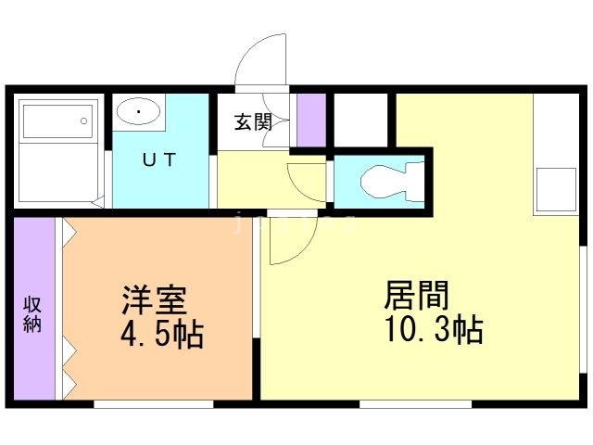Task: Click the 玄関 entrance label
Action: (253, 122)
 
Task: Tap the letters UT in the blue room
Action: (159, 159)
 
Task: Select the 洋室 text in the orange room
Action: (155, 300)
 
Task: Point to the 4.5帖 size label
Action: (163, 334)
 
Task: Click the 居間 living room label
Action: (416, 296)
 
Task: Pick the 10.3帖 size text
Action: (434, 329)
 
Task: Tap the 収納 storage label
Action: (32, 314)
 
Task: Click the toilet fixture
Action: (392, 182)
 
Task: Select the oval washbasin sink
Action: (138, 111)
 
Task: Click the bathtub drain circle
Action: (84, 121)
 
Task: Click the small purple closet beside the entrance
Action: (311, 120)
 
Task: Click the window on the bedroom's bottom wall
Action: (154, 404)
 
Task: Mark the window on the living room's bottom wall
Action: (416, 404)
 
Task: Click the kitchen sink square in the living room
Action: (556, 189)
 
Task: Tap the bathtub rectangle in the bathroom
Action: (57, 121)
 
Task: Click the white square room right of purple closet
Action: (361, 120)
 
